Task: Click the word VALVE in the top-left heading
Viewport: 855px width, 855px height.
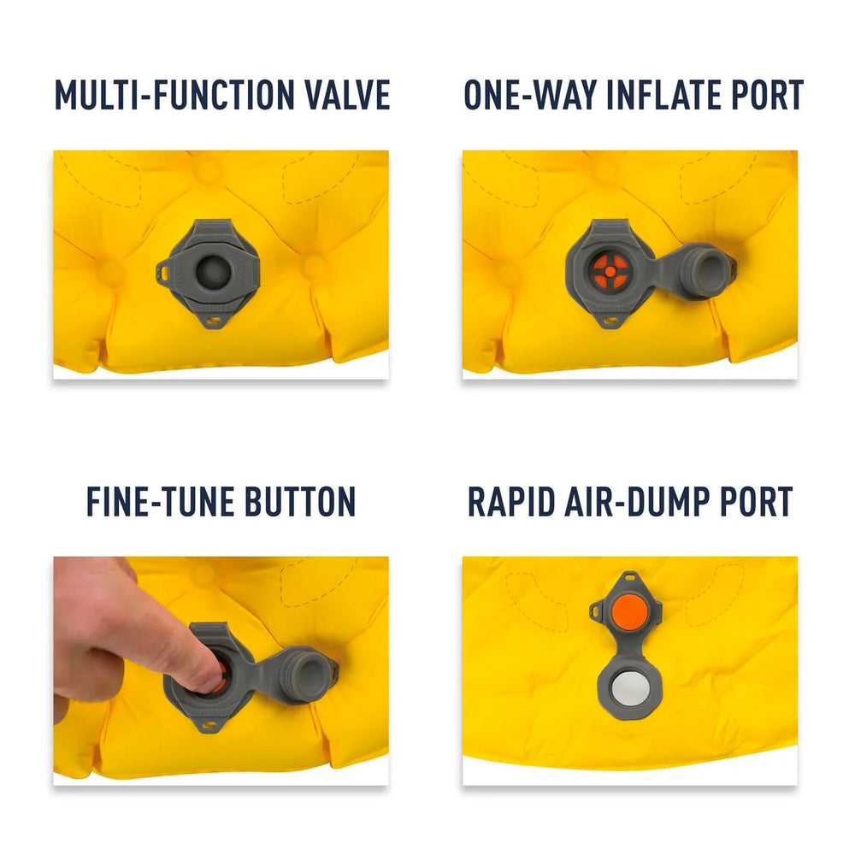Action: [347, 95]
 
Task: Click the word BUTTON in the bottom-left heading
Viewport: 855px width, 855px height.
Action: [300, 502]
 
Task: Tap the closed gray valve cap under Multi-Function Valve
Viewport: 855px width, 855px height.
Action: [214, 271]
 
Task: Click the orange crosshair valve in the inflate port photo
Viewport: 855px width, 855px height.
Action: [610, 271]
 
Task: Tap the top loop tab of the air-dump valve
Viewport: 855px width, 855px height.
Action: [630, 577]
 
